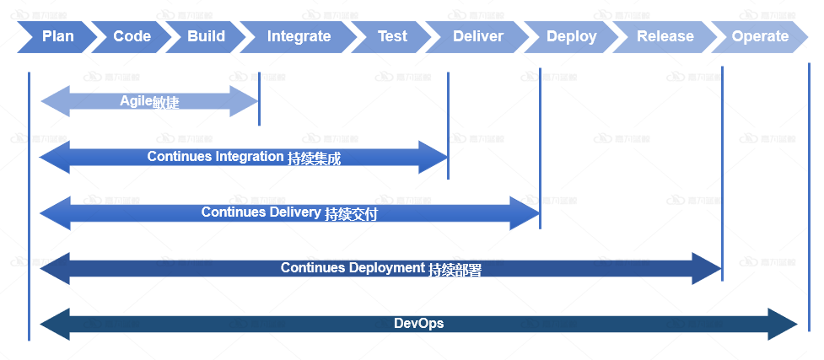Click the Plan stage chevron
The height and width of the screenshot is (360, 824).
(x=57, y=36)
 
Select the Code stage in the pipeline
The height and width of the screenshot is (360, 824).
(x=132, y=36)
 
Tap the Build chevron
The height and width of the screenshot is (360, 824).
(x=206, y=36)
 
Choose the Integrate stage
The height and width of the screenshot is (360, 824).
(x=299, y=36)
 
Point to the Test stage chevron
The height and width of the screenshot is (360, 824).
(x=392, y=36)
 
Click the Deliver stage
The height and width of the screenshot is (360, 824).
(x=477, y=36)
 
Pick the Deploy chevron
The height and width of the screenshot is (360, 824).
(x=571, y=36)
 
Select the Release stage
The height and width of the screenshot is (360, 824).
(x=665, y=36)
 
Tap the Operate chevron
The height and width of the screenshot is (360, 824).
(x=760, y=36)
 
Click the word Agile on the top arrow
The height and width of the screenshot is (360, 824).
(x=135, y=101)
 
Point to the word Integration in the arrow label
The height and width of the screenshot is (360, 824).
(x=250, y=157)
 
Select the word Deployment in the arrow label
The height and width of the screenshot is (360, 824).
(x=382, y=268)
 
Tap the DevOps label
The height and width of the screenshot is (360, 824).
(x=418, y=324)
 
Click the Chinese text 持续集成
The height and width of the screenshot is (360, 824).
(x=314, y=158)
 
